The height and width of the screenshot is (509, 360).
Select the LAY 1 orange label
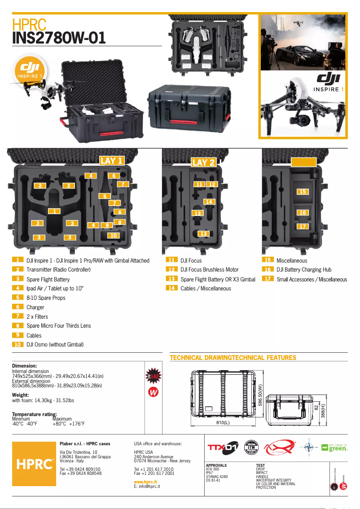tap(111, 161)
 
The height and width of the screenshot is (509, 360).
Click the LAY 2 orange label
tap(203, 162)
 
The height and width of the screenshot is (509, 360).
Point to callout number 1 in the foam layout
tap(54, 211)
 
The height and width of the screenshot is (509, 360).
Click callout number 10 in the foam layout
tap(114, 235)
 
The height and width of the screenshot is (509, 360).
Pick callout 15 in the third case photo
tap(303, 192)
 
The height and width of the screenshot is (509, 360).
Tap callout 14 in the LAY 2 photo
tap(209, 202)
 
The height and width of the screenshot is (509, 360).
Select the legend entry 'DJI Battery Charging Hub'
tap(304, 270)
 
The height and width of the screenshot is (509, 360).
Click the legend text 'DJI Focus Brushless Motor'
tap(209, 270)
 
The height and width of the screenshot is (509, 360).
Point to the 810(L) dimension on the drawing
tap(223, 423)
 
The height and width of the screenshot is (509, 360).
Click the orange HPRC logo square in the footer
tap(34, 464)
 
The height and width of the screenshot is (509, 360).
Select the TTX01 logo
tap(222, 448)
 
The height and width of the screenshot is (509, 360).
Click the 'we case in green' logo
tap(334, 448)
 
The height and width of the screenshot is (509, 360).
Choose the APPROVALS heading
tap(216, 465)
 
